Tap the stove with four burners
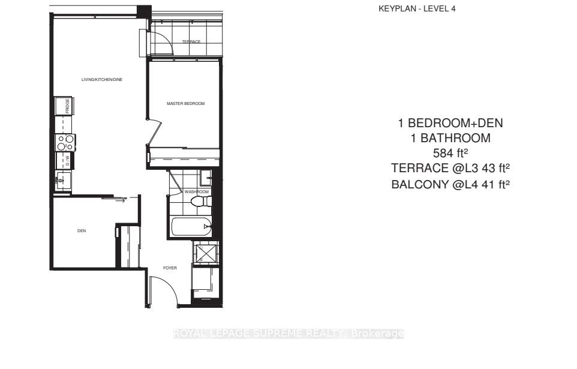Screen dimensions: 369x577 tap(65, 142)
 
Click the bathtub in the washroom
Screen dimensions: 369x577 tap(191, 227)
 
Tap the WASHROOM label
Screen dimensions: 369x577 tap(196, 192)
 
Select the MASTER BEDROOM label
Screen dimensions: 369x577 tap(185, 104)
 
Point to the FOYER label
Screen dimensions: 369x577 tap(170, 268)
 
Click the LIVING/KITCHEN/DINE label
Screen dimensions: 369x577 tap(102, 79)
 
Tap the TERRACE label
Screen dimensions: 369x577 tap(191, 41)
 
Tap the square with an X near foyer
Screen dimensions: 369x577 tap(206, 254)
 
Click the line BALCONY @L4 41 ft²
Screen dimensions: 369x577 tap(450, 184)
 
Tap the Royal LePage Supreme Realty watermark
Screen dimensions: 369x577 tap(288, 334)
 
